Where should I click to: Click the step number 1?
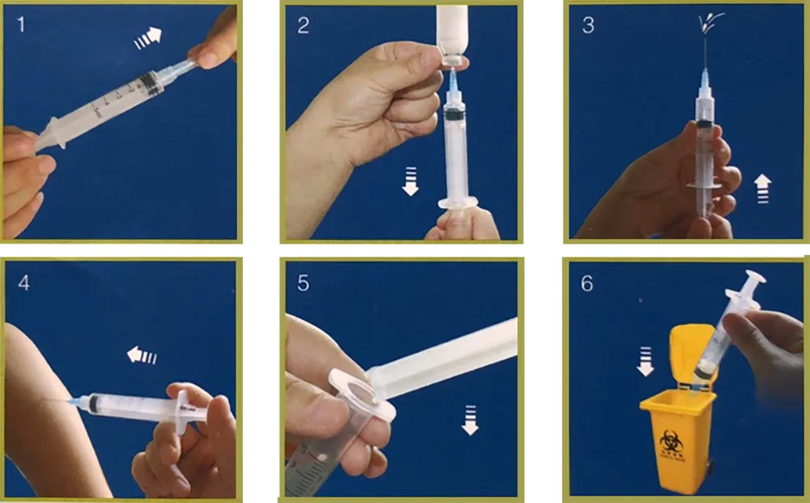tap(21, 25)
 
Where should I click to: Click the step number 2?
tap(303, 25)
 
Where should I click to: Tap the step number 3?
tap(587, 25)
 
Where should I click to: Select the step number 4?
tap(22, 283)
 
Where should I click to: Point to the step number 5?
tap(303, 283)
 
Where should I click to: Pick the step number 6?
tap(587, 283)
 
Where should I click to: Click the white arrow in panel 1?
tap(149, 37)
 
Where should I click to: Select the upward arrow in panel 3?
tap(762, 190)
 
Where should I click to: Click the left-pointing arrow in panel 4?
tap(143, 355)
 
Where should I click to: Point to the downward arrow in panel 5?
tap(469, 420)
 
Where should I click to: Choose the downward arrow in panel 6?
tap(646, 361)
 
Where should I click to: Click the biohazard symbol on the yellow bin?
tap(671, 441)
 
